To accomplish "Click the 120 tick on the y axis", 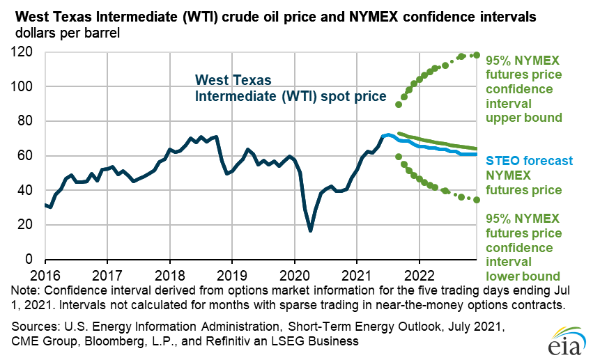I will click(x=26, y=52).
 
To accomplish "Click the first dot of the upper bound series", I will click(x=398, y=104).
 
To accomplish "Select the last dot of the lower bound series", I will click(x=477, y=200).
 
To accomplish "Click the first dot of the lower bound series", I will click(x=398, y=157).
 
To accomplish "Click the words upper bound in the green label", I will click(x=524, y=118).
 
